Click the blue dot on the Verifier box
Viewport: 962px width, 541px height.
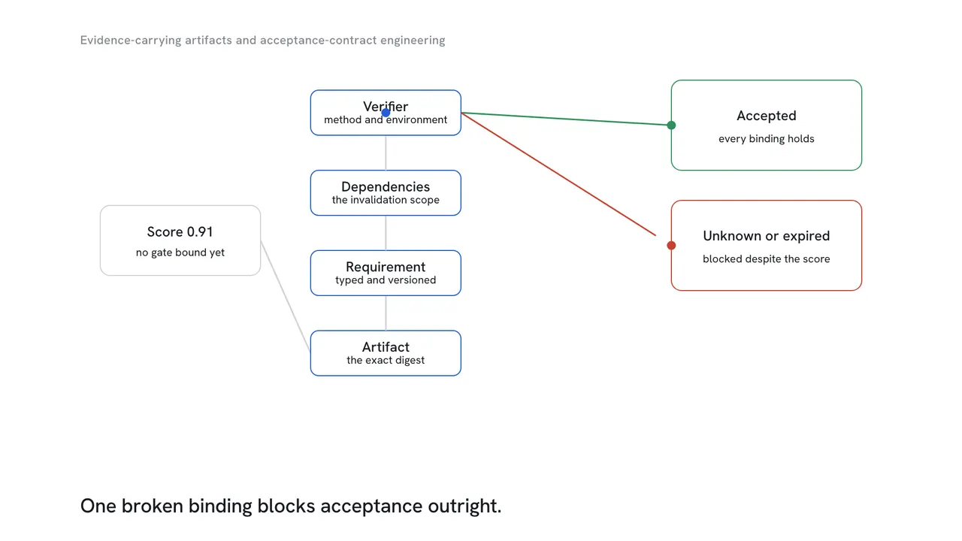tap(386, 113)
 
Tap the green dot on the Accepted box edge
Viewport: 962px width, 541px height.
tap(671, 125)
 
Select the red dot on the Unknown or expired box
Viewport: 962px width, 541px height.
tap(671, 245)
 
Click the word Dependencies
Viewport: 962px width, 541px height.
tap(386, 187)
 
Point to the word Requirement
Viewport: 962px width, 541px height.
tap(386, 267)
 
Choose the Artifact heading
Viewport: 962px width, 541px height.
tap(386, 347)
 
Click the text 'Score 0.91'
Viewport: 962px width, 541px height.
tap(180, 232)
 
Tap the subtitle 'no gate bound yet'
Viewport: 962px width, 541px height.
tap(180, 252)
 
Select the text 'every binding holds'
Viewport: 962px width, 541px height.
tap(766, 139)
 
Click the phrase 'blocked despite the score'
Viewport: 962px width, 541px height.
tap(766, 259)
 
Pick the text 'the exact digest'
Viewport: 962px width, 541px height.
tap(386, 360)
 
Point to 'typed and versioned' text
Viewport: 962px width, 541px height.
tap(386, 280)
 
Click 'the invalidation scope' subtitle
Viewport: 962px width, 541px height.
tap(386, 200)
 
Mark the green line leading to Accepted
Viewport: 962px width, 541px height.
tap(566, 119)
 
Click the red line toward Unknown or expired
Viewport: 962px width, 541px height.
tap(558, 174)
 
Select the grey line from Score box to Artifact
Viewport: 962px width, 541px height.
tap(285, 296)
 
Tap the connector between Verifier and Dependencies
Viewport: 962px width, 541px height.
tap(386, 153)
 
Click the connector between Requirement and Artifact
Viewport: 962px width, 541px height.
tap(386, 313)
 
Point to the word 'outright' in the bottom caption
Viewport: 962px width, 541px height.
tap(464, 506)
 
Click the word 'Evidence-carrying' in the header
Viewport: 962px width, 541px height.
tap(131, 41)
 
